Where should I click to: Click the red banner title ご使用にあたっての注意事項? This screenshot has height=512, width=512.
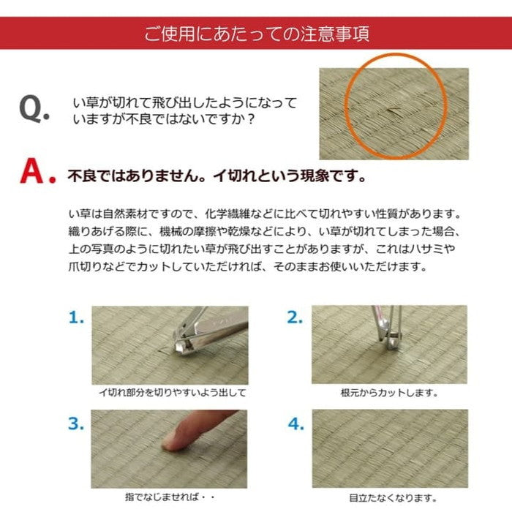click(255, 34)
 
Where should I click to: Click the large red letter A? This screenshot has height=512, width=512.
click(37, 173)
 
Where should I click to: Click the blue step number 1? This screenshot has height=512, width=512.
click(77, 317)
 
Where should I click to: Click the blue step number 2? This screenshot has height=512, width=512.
click(295, 317)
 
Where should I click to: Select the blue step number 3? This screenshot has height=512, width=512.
click(77, 423)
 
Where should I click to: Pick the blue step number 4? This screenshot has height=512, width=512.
click(295, 423)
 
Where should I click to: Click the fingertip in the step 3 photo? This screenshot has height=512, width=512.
click(174, 440)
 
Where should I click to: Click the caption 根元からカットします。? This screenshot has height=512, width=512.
click(389, 393)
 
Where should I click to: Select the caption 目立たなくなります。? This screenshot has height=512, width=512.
click(389, 498)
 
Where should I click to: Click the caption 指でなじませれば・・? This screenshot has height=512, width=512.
click(170, 498)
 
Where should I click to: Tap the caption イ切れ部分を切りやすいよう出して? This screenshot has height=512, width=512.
click(172, 393)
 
